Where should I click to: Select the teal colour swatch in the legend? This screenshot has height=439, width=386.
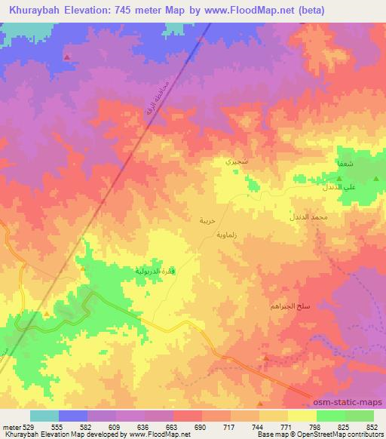(x=44, y=416)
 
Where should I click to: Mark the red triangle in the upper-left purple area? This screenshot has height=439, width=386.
(x=68, y=57)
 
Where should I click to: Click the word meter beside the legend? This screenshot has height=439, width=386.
(x=11, y=427)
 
